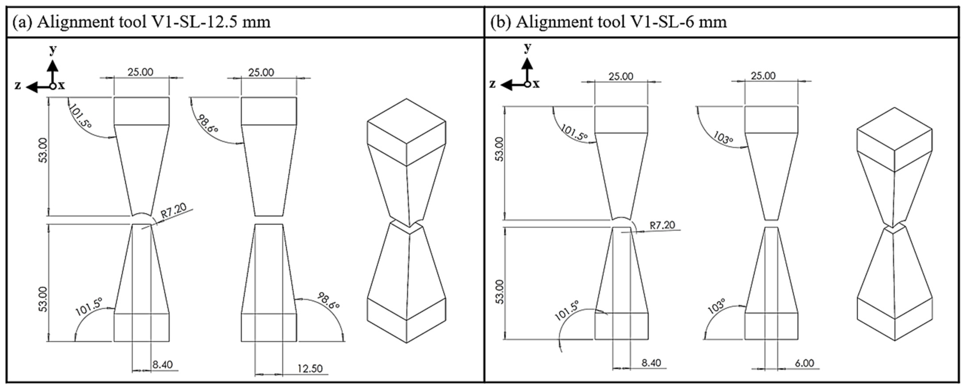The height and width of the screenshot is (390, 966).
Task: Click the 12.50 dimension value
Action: click(310, 369)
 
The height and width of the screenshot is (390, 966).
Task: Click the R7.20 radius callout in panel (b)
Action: click(662, 225)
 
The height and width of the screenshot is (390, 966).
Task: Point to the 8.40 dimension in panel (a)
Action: click(162, 365)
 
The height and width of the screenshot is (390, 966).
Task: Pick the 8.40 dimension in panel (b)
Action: click(651, 363)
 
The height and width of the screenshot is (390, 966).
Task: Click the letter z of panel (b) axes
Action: click(492, 83)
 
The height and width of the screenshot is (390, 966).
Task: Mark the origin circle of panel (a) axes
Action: click(53, 86)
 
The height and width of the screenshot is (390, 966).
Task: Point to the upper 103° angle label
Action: click(723, 138)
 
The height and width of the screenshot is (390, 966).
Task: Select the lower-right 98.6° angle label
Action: click(328, 300)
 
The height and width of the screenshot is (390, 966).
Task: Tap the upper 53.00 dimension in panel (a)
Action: click(44, 150)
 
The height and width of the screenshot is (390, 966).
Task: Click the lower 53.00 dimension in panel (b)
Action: click(499, 292)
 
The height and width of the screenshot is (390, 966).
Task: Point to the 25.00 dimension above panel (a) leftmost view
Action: click(140, 72)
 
